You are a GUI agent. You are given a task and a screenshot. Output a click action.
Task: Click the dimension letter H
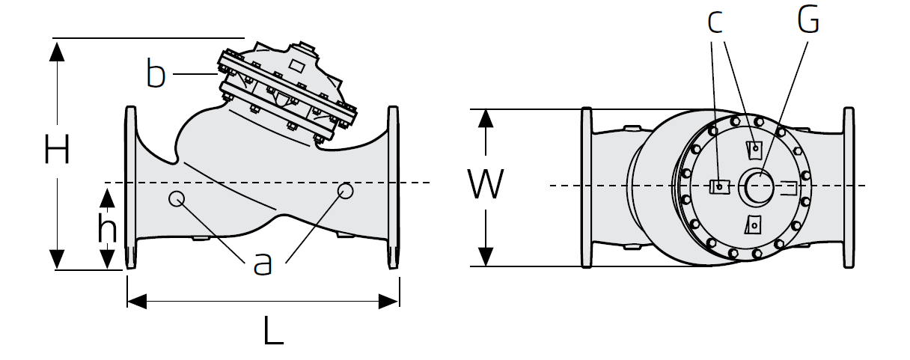(57, 150)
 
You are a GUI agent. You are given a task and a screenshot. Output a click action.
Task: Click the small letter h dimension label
(107, 228)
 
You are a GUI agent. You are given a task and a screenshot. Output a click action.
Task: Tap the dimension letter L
(273, 331)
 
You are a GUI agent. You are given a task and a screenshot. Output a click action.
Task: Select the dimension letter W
(486, 184)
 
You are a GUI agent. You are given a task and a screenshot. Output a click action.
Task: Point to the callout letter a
(262, 264)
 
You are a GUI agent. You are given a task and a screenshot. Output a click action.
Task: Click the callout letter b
(156, 73)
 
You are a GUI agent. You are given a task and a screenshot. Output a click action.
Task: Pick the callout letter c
(715, 22)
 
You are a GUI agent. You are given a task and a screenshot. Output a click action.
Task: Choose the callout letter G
(807, 19)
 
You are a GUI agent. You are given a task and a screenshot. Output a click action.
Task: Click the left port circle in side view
(177, 198)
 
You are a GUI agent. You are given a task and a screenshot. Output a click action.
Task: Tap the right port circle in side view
(345, 191)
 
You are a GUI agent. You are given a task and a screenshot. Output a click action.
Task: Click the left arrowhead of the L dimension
(137, 302)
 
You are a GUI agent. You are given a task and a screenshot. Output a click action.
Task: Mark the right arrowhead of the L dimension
(388, 302)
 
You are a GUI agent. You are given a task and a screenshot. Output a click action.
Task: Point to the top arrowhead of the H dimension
(57, 51)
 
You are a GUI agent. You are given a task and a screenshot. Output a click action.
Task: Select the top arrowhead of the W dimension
(486, 119)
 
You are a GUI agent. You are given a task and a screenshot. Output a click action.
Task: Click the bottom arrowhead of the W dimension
(486, 257)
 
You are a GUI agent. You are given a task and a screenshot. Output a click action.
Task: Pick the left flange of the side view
(130, 187)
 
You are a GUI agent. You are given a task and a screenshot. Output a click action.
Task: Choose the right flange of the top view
(849, 187)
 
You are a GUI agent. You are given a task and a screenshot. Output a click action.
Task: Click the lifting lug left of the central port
(719, 186)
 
